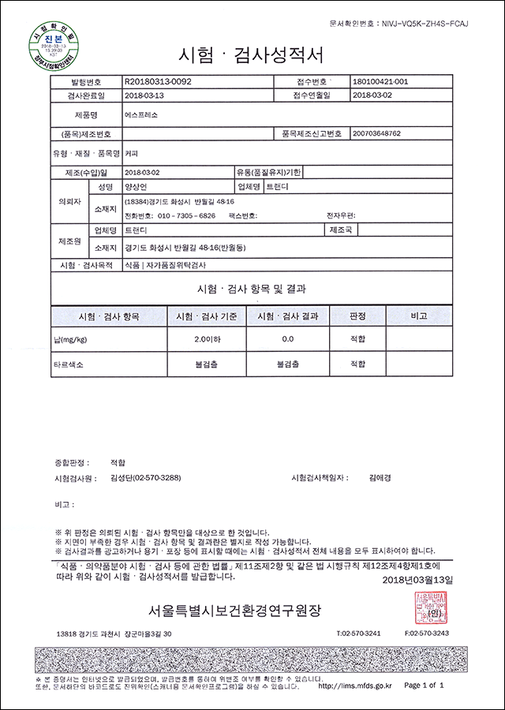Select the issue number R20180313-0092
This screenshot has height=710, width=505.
click(x=159, y=81)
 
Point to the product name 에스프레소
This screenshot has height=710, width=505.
click(x=141, y=114)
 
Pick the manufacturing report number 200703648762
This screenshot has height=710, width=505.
click(x=378, y=134)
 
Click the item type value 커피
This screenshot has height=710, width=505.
click(x=133, y=152)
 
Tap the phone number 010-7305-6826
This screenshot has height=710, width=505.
click(x=188, y=215)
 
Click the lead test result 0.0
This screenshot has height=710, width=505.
click(x=287, y=338)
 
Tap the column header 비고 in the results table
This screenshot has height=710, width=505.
click(x=418, y=316)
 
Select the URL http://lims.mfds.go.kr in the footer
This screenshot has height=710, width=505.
click(x=353, y=686)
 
